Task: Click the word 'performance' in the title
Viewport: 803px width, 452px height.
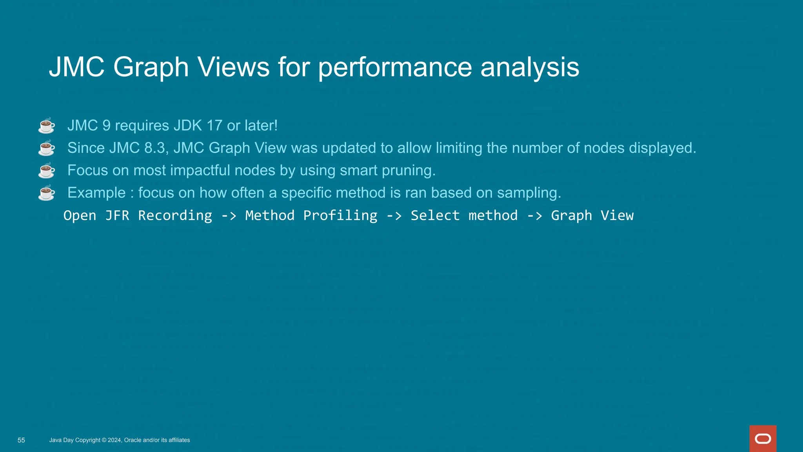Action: [395, 67]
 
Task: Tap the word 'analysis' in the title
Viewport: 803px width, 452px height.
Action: [530, 67]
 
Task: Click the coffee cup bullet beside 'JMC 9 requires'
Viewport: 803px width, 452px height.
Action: [47, 126]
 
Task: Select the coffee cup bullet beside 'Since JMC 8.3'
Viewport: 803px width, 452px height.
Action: [47, 148]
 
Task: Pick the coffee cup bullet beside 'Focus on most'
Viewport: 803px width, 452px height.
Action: [47, 170]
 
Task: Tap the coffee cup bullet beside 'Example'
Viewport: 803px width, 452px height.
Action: [47, 193]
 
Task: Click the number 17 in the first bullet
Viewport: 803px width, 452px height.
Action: [214, 126]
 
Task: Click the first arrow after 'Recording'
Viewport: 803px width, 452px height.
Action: [229, 215]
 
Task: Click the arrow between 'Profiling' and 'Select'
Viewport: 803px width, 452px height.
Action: [394, 215]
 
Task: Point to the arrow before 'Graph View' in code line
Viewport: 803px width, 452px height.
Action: [534, 215]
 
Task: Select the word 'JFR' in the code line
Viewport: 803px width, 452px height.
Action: [117, 215]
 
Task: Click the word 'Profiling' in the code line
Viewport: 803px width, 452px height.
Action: [340, 215]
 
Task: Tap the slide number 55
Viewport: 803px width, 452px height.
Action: [21, 440]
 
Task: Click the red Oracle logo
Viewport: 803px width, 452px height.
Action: [763, 438]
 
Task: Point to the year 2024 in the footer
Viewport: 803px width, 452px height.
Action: [114, 440]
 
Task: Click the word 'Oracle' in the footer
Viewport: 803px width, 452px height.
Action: [133, 440]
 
